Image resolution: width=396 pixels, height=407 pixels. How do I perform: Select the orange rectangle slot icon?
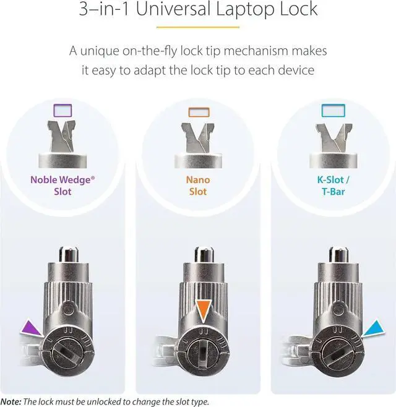198,112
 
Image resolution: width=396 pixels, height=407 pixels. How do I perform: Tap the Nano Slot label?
198,186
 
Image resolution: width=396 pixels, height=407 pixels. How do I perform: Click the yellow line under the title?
198,27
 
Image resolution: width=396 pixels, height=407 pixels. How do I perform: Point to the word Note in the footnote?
11,401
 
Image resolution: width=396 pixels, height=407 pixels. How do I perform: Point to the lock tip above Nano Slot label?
198,137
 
